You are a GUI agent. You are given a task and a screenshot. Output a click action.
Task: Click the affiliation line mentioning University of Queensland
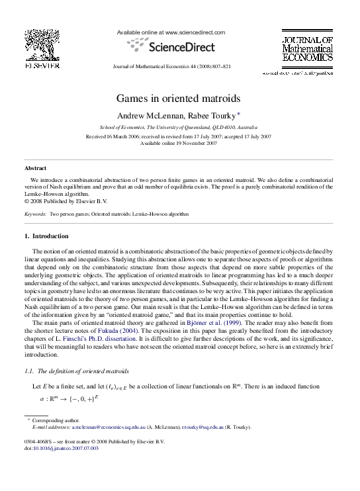point(179,126)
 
